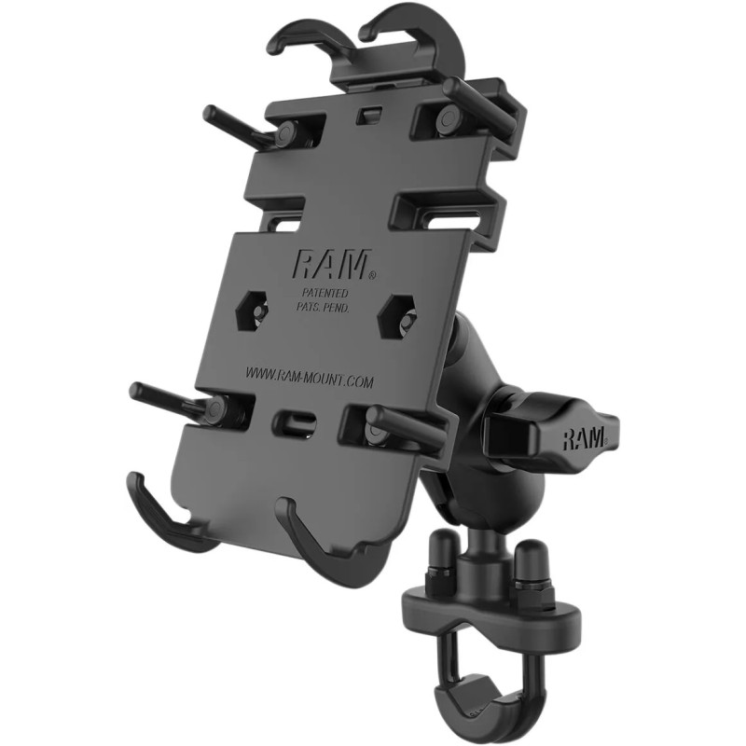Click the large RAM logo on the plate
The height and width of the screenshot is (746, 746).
(x=331, y=265)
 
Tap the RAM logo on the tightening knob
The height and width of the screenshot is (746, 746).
(x=585, y=436)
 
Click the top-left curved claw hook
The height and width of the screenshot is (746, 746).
(x=297, y=37)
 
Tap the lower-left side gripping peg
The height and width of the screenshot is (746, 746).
(x=168, y=395)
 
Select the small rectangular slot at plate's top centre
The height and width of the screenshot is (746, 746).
(x=370, y=113)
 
